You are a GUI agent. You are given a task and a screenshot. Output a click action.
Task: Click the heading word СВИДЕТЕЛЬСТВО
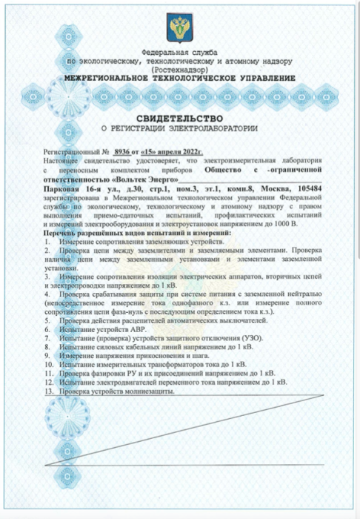(x=179, y=119)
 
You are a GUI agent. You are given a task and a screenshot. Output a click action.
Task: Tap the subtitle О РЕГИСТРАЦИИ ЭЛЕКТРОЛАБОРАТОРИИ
(x=179, y=129)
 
